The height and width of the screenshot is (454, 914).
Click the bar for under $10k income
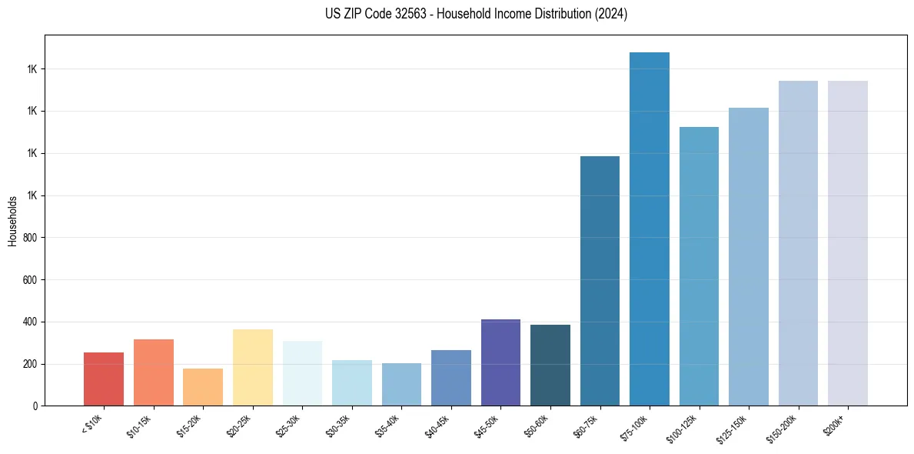[x=104, y=379]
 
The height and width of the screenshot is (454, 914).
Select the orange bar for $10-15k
[x=153, y=372]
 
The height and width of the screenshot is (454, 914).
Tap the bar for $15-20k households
[x=203, y=387]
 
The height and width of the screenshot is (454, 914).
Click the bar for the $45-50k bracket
[x=500, y=362]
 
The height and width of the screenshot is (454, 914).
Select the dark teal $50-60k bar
[x=550, y=365]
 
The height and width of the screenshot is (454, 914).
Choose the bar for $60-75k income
[x=600, y=281]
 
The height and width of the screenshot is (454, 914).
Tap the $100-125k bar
[x=699, y=266]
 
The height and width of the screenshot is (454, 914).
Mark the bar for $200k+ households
[x=848, y=243]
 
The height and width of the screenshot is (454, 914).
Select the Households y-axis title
[x=12, y=221]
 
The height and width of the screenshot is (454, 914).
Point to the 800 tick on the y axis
[x=31, y=238]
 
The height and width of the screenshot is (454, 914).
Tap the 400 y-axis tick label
[x=31, y=322]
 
